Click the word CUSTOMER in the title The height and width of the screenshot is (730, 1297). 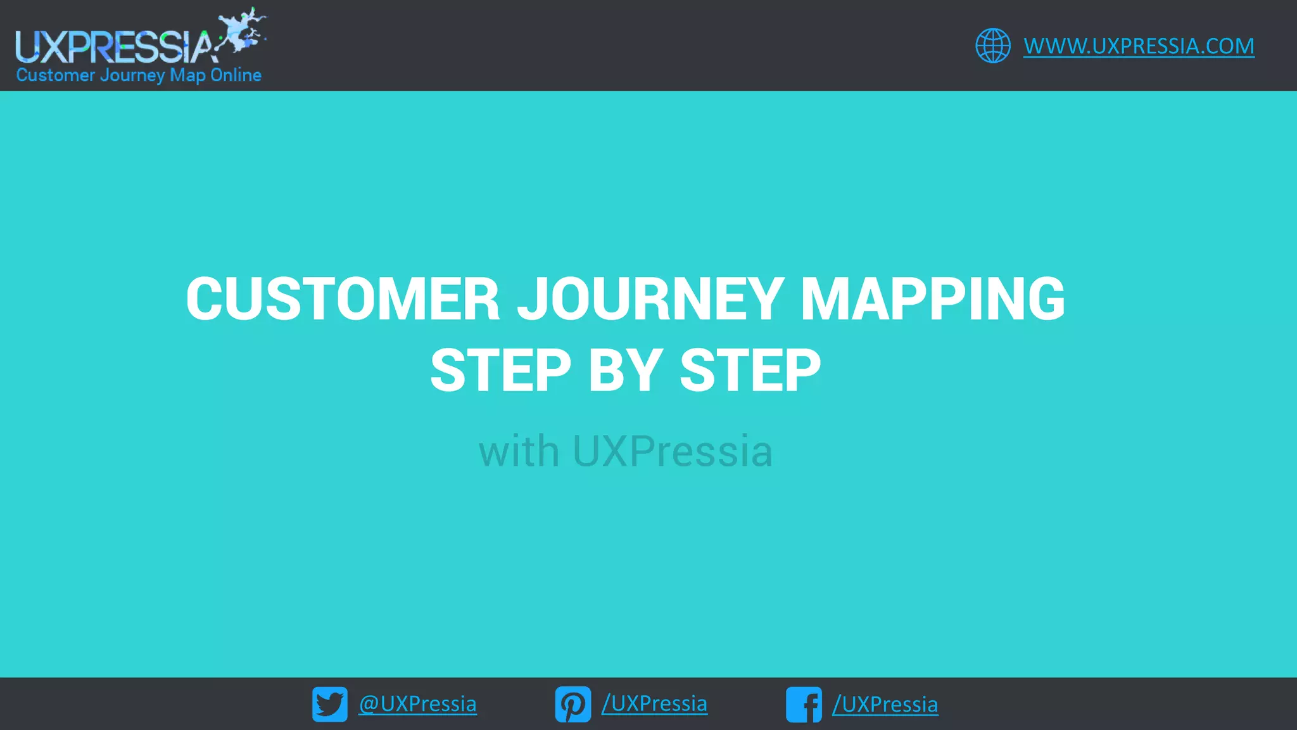click(x=343, y=298)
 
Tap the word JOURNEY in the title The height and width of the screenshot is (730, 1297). click(x=650, y=298)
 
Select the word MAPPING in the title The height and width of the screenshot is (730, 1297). click(x=932, y=298)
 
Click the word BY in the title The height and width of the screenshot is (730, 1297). click(x=625, y=371)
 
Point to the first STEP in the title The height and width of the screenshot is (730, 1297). click(x=501, y=371)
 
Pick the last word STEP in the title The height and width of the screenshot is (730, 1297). click(x=750, y=371)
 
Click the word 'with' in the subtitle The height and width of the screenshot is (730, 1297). click(x=519, y=451)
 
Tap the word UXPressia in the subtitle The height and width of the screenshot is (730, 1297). click(x=672, y=451)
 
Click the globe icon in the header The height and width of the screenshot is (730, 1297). click(x=992, y=46)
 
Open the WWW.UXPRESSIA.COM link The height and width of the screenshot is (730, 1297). click(x=1139, y=46)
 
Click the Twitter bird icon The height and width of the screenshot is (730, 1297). click(x=330, y=704)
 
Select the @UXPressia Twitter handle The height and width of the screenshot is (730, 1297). click(x=417, y=704)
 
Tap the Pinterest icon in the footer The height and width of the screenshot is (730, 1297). click(x=573, y=704)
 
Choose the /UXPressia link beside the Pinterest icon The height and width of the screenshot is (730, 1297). click(x=654, y=704)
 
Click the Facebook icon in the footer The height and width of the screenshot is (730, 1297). click(x=804, y=704)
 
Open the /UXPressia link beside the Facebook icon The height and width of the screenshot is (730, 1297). click(x=885, y=704)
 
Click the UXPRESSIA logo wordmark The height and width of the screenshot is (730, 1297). click(x=114, y=47)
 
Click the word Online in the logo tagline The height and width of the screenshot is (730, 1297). click(x=236, y=75)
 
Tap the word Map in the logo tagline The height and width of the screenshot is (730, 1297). click(x=187, y=75)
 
